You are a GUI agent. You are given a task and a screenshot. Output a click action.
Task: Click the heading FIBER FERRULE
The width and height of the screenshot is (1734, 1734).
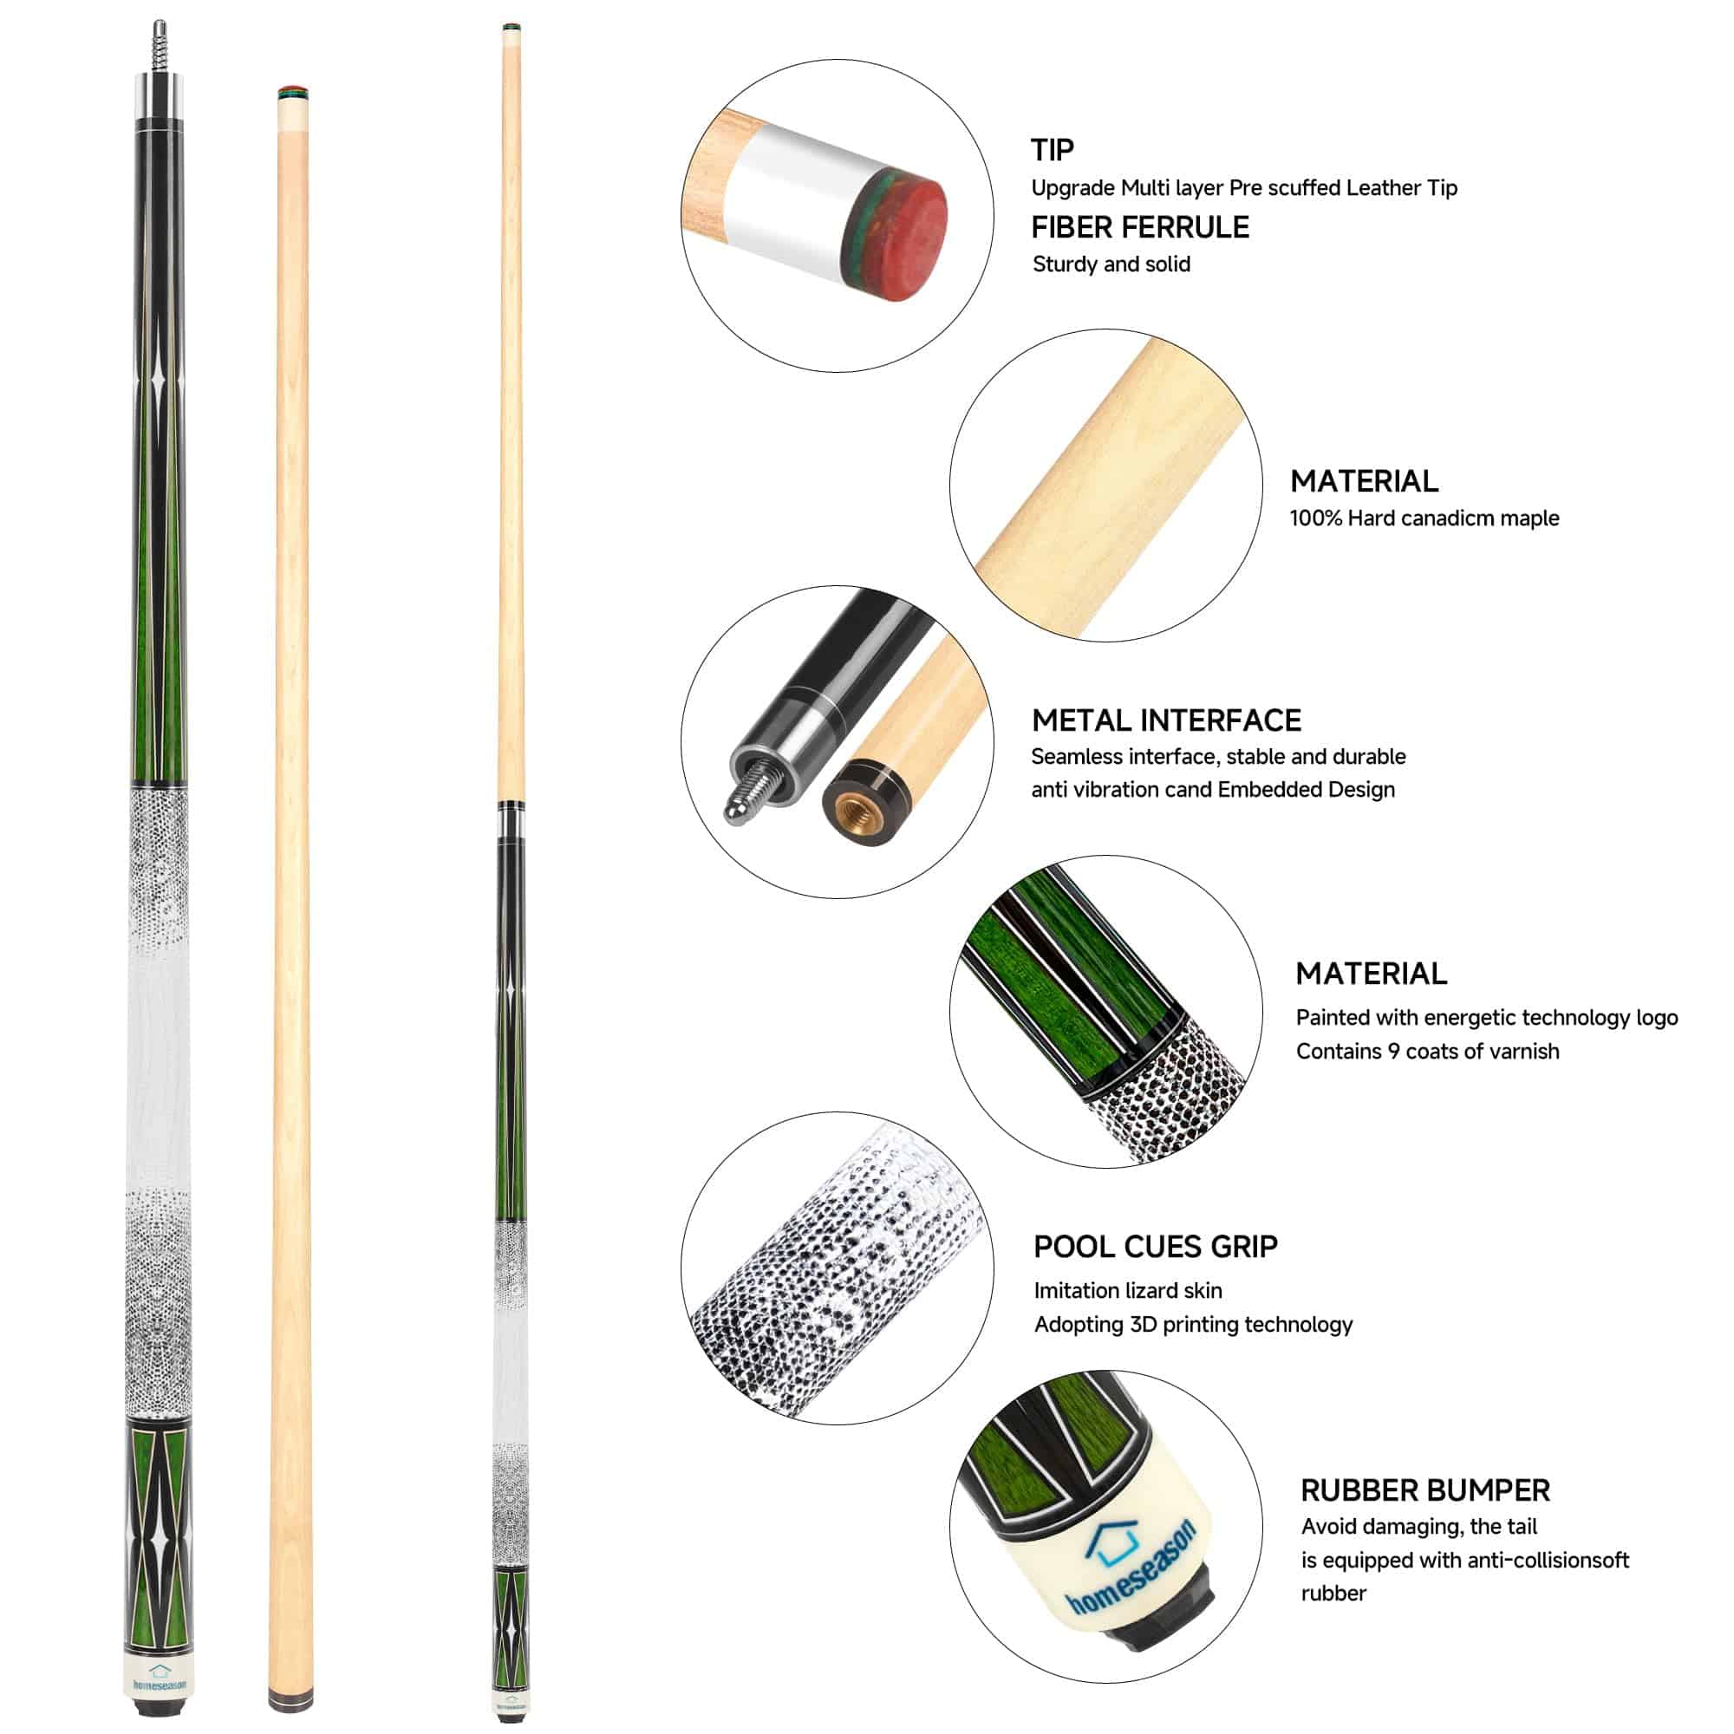(1140, 227)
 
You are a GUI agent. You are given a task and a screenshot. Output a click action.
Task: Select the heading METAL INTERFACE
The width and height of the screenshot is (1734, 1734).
(1166, 720)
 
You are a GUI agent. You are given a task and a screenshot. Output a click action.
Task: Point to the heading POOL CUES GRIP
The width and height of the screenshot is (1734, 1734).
(1155, 1246)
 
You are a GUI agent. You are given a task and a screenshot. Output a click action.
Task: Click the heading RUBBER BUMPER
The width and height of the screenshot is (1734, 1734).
(1425, 1490)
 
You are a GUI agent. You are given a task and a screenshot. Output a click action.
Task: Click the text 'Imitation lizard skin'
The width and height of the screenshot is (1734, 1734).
(1127, 1290)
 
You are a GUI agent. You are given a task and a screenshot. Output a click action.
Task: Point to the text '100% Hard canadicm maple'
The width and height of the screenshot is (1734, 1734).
(1424, 518)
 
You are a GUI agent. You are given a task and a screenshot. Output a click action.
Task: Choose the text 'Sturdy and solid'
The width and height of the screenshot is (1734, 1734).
(1111, 264)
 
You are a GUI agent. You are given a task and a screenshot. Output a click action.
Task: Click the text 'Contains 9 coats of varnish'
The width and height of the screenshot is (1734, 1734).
(1427, 1051)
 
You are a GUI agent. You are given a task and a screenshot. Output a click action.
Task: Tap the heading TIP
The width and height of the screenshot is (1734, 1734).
(1052, 149)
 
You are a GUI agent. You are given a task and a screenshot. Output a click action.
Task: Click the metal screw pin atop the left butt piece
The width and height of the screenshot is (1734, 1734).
(159, 49)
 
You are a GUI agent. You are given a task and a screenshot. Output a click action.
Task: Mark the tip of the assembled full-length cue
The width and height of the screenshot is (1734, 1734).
(512, 26)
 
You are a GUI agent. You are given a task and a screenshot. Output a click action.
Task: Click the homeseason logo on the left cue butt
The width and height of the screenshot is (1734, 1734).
(160, 1679)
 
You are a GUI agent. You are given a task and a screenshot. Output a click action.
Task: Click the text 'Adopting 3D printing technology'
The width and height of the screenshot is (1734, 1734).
(1193, 1324)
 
